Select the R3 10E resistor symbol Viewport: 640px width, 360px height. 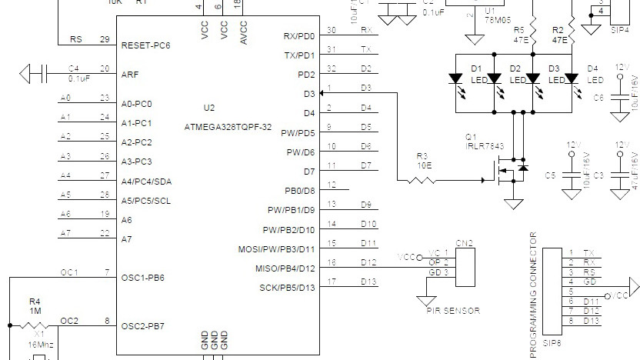[422, 181]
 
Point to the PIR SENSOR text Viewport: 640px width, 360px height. [454, 311]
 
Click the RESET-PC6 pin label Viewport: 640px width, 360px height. [145, 46]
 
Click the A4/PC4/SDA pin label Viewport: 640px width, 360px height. [148, 182]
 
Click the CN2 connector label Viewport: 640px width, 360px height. [464, 244]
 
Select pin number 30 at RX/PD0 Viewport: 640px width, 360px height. [331, 30]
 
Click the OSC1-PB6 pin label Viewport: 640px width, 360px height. [143, 277]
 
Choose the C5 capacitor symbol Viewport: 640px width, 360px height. [571, 175]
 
